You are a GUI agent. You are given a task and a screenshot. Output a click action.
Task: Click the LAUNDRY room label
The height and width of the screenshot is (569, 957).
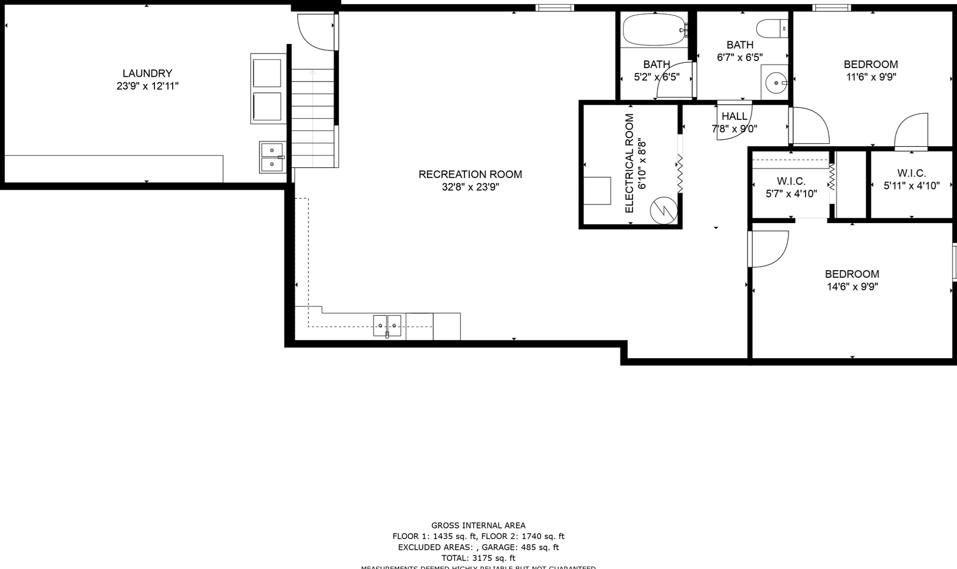[x=147, y=73]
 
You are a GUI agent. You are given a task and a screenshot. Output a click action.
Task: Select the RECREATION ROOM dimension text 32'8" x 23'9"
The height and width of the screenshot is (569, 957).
[x=470, y=187]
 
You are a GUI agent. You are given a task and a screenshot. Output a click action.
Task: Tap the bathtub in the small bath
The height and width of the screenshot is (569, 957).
[x=654, y=29]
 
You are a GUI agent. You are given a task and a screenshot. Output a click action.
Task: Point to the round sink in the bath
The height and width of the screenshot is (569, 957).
[x=776, y=83]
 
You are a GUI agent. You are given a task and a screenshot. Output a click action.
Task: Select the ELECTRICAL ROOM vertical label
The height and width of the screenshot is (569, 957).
[x=629, y=163]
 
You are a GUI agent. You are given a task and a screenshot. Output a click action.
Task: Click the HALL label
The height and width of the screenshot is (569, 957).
[x=734, y=116]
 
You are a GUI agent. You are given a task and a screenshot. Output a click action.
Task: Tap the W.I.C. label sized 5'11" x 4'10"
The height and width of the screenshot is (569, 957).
[x=911, y=173]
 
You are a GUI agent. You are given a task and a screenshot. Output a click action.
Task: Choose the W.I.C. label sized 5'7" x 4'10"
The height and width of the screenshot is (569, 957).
[x=791, y=181]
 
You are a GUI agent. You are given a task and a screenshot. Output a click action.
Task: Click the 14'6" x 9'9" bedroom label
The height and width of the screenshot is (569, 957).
[x=852, y=274]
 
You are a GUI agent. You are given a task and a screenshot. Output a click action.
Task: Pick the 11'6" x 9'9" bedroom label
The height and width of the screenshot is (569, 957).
[x=871, y=65]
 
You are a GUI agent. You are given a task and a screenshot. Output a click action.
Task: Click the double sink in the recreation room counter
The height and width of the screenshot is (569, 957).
[x=387, y=325]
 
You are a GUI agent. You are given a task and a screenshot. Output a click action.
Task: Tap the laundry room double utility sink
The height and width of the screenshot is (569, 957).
[x=271, y=157]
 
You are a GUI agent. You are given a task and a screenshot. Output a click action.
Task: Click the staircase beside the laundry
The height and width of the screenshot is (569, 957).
[x=313, y=117]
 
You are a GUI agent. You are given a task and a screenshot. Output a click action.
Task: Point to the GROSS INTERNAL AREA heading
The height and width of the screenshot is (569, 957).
[x=479, y=526]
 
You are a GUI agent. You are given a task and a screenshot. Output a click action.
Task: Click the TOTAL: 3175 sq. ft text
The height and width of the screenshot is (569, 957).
[x=479, y=558]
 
